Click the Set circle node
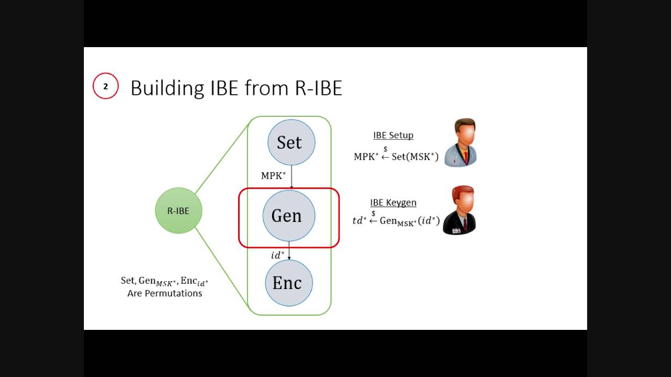pos(291,142)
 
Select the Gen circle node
pos(288,216)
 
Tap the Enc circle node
pos(288,283)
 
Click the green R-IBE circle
pos(178,210)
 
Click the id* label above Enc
pos(277,256)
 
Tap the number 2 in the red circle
pos(105,86)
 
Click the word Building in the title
pos(167,88)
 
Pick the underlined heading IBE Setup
pos(393,135)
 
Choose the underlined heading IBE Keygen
pos(393,203)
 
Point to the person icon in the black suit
pos(460,210)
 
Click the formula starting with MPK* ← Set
pos(396,157)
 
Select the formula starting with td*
pos(396,221)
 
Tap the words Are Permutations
pos(165,293)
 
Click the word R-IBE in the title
pos(319,88)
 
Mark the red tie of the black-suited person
pos(464,224)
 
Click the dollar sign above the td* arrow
pos(373,213)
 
